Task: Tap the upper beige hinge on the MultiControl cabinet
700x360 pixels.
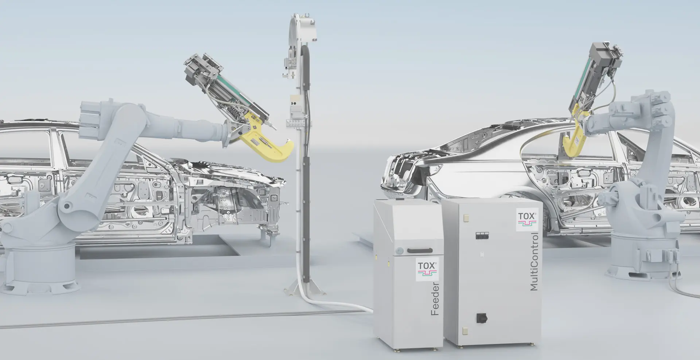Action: pyautogui.click(x=464, y=218)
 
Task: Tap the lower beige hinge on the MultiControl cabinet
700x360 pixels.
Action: pyautogui.click(x=464, y=330)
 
